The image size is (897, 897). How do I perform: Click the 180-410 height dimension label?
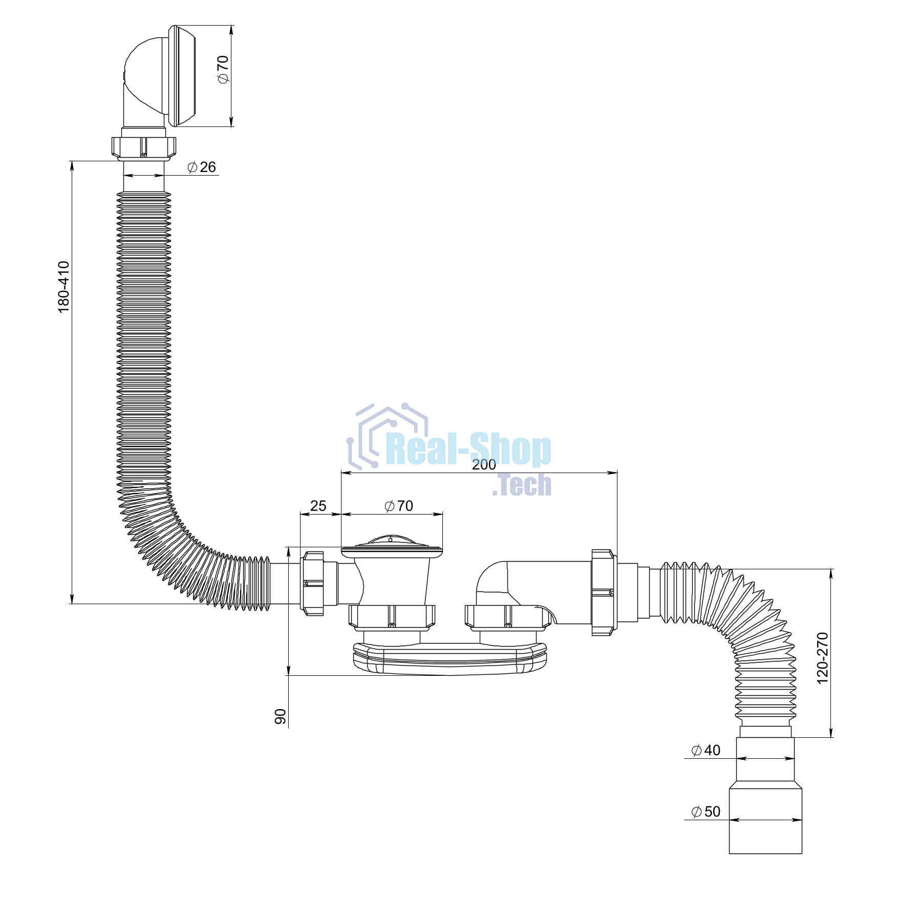[63, 287]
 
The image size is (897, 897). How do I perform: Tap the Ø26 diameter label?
[202, 167]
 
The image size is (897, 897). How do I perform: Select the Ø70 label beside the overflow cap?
[223, 70]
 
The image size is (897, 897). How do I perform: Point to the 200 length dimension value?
[484, 464]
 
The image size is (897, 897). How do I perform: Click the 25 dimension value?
[318, 506]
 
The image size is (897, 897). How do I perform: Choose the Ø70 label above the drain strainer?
[399, 506]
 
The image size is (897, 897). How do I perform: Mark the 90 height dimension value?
[281, 716]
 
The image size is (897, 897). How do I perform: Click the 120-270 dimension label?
[822, 658]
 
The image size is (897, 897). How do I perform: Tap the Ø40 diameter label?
[706, 750]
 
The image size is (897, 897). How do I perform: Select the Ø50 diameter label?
[706, 811]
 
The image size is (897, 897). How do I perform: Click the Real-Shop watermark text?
[468, 450]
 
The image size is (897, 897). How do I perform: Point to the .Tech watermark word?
[522, 485]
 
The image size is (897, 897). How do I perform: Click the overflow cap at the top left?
[182, 76]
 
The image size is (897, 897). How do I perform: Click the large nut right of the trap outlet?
[604, 592]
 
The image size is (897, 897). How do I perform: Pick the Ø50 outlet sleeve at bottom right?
[765, 821]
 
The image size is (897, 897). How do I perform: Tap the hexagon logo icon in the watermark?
[388, 435]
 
